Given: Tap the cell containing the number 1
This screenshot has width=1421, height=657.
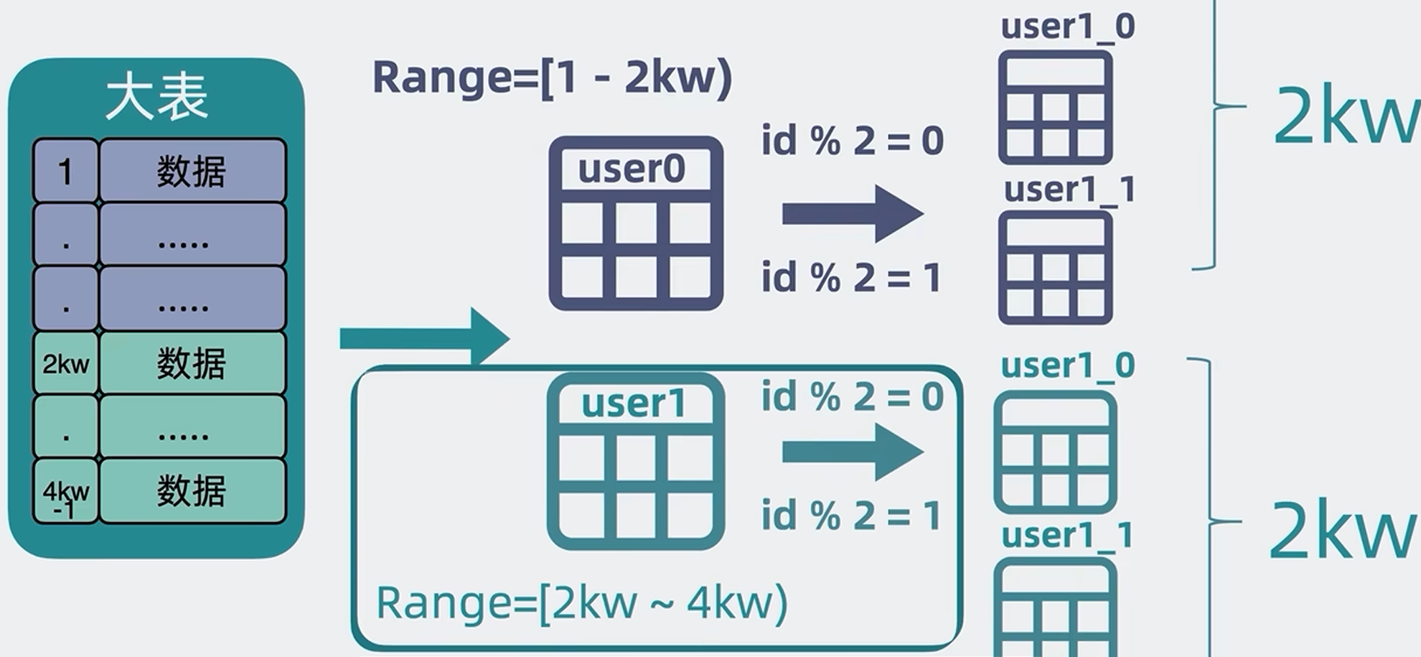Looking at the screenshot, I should pos(65,171).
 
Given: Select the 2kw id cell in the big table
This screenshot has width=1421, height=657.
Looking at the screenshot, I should pos(65,363).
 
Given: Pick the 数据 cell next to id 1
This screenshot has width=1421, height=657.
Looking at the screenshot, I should pos(192,171).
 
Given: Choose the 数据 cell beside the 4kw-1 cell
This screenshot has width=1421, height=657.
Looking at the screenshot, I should pos(192,491).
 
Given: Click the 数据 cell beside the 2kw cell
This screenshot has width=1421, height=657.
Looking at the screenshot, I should pos(192,363).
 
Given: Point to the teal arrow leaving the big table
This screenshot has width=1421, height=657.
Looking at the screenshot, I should pos(423,337).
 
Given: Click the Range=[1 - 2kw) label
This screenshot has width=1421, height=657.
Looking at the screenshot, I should pos(551,78).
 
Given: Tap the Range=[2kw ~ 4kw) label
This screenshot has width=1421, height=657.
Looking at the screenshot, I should pos(581,602).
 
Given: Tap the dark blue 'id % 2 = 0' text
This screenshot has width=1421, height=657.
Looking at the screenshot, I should pos(852,140).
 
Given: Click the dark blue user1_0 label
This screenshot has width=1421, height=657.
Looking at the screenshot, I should pos(1067,27).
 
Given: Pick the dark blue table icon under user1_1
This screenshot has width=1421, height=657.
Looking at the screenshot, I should pos(1055,268).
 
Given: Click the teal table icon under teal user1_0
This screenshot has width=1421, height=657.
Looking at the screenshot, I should pos(1055,452).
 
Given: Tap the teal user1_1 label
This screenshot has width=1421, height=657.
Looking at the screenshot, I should pos(1067,536).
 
